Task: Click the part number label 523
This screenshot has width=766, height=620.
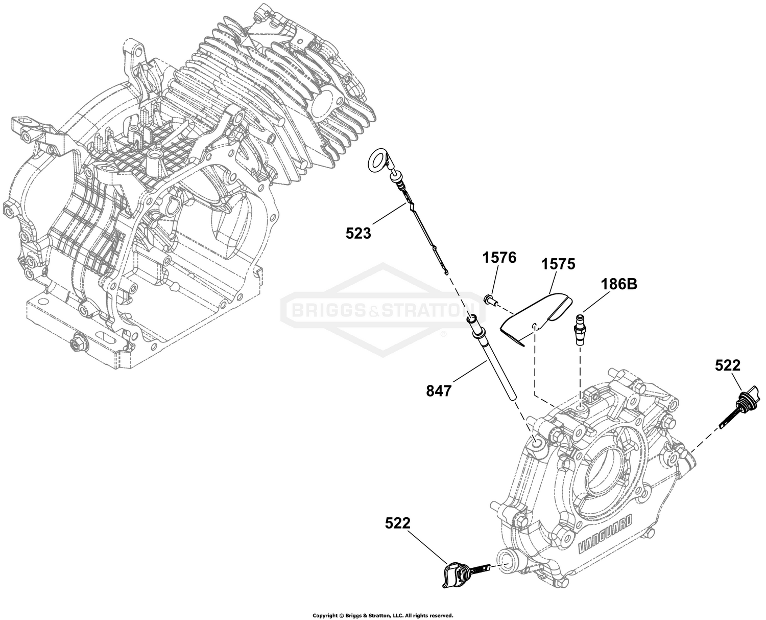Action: [358, 234]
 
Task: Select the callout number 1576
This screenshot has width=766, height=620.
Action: [499, 258]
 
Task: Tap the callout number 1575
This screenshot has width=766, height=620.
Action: [558, 264]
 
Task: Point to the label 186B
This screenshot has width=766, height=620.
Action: [618, 284]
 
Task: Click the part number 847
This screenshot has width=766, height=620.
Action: [438, 391]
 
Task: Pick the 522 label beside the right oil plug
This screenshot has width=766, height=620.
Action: [728, 365]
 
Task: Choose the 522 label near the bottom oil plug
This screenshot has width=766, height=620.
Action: [397, 523]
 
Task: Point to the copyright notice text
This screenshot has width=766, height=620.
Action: [382, 615]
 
